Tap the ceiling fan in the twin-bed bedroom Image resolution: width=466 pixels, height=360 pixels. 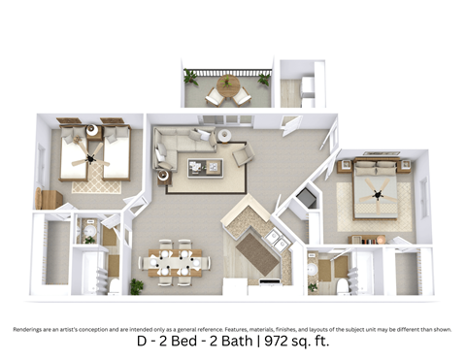click(91, 157)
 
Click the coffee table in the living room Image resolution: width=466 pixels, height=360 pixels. click(206, 167)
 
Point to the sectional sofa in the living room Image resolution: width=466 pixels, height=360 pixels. click(175, 147)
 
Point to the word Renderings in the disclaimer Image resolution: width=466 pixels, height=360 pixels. click(32, 329)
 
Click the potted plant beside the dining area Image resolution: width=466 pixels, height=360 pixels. click(137, 286)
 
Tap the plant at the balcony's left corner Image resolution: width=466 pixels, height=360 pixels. click(190, 77)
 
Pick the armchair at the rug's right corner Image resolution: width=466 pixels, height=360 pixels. click(242, 155)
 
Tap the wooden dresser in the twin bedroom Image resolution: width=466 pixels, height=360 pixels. click(49, 199)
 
